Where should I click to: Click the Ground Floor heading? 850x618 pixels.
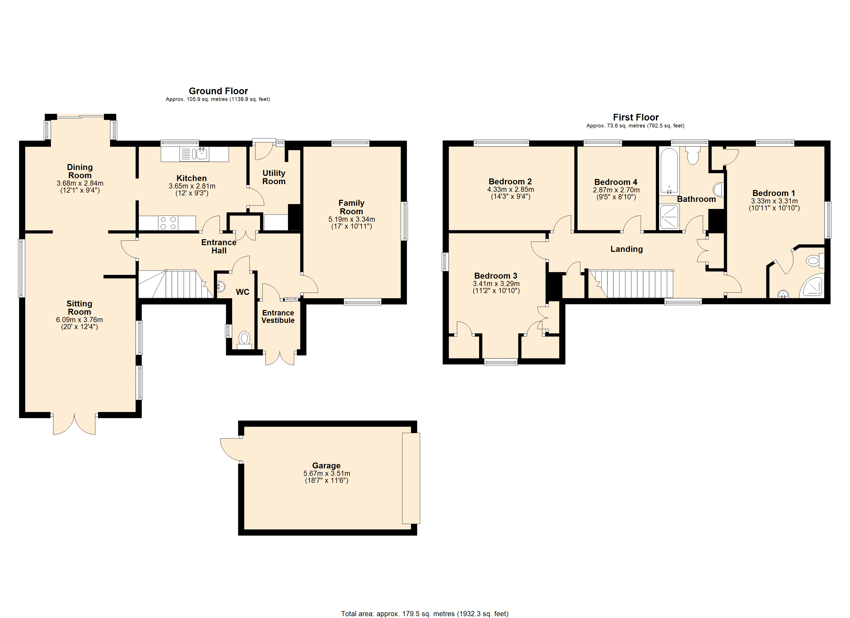[218, 91]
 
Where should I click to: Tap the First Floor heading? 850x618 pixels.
[636, 117]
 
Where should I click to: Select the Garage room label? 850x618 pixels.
[326, 466]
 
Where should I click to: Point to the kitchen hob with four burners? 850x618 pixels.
[168, 223]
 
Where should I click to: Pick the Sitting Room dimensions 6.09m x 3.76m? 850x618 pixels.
[79, 320]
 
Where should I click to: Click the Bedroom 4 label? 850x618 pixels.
[616, 182]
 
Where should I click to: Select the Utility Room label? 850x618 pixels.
[274, 177]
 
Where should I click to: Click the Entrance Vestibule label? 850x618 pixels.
[278, 317]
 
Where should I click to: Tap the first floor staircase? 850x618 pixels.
[632, 284]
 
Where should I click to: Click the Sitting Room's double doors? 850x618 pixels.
[74, 425]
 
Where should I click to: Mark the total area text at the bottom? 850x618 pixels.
[425, 614]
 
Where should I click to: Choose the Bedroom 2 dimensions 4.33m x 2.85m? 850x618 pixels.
[511, 190]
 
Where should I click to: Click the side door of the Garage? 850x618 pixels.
[231, 449]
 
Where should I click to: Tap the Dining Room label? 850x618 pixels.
[80, 171]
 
